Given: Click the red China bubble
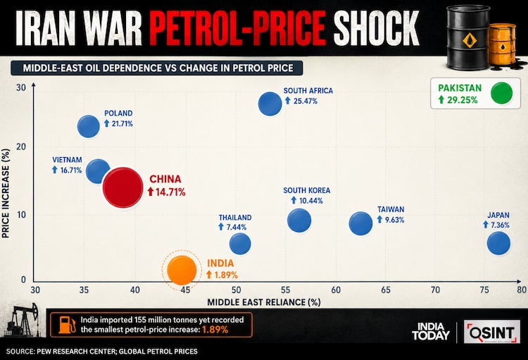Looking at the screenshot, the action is click(123, 187).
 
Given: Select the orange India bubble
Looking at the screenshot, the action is click(182, 270).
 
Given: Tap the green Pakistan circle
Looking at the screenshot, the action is click(502, 93).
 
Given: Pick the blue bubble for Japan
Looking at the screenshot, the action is click(498, 243).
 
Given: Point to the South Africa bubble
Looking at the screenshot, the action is click(270, 104).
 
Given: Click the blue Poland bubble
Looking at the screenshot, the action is click(89, 126).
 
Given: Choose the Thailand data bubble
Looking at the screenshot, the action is click(240, 244).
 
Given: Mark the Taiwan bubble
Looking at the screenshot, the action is click(360, 223).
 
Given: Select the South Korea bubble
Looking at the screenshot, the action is click(299, 220).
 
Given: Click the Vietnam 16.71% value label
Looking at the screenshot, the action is click(67, 170).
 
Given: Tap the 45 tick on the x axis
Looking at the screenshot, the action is click(185, 290).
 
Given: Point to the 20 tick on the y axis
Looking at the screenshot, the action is click(21, 147).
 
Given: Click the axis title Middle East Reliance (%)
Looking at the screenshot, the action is click(264, 302).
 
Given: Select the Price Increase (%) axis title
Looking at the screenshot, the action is click(6, 193).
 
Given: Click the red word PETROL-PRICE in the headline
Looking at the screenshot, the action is click(238, 28).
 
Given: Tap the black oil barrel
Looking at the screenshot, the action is click(468, 37).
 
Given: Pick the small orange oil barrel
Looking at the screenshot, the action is click(503, 44).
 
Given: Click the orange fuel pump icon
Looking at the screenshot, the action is click(67, 325).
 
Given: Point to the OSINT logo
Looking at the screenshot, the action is click(491, 332).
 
